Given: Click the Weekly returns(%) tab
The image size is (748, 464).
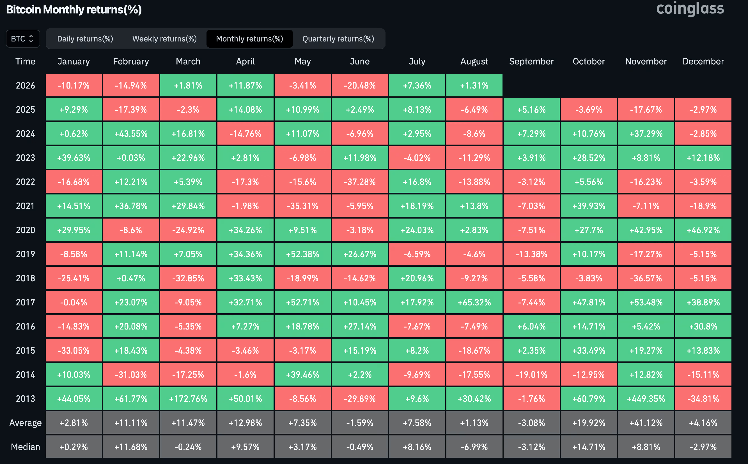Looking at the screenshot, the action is pyautogui.click(x=164, y=39).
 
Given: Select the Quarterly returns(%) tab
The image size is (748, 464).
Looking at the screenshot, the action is pyautogui.click(x=338, y=39).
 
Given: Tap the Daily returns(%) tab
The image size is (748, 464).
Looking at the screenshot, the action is pyautogui.click(x=85, y=39).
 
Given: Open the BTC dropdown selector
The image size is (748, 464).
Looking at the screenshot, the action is pyautogui.click(x=23, y=39).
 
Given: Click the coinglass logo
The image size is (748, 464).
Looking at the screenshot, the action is pyautogui.click(x=690, y=9).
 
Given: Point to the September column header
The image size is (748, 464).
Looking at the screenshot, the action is pyautogui.click(x=531, y=61).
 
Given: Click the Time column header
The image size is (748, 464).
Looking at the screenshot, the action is pyautogui.click(x=26, y=61).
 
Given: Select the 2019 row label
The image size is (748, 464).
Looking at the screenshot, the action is pyautogui.click(x=26, y=254).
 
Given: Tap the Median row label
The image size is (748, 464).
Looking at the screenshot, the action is pyautogui.click(x=26, y=447).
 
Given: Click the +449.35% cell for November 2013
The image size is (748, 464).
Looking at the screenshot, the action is pyautogui.click(x=646, y=399).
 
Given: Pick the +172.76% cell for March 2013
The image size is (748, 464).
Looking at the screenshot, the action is pyautogui.click(x=188, y=399).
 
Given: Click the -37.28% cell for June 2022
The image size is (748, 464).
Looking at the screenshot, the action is pyautogui.click(x=360, y=182).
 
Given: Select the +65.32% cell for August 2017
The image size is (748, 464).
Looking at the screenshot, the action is pyautogui.click(x=474, y=302).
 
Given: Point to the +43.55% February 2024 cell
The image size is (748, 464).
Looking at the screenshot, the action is pyautogui.click(x=131, y=133).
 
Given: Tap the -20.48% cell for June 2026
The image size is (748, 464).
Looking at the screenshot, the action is pyautogui.click(x=360, y=85).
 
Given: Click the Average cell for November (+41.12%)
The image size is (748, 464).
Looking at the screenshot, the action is pyautogui.click(x=646, y=423).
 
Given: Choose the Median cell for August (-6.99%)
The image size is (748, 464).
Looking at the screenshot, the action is pyautogui.click(x=474, y=447).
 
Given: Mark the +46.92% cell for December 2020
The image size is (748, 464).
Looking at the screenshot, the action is pyautogui.click(x=703, y=230).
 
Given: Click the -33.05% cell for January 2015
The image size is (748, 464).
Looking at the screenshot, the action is pyautogui.click(x=74, y=351).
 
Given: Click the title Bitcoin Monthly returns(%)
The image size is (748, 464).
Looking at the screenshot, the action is pyautogui.click(x=74, y=10).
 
